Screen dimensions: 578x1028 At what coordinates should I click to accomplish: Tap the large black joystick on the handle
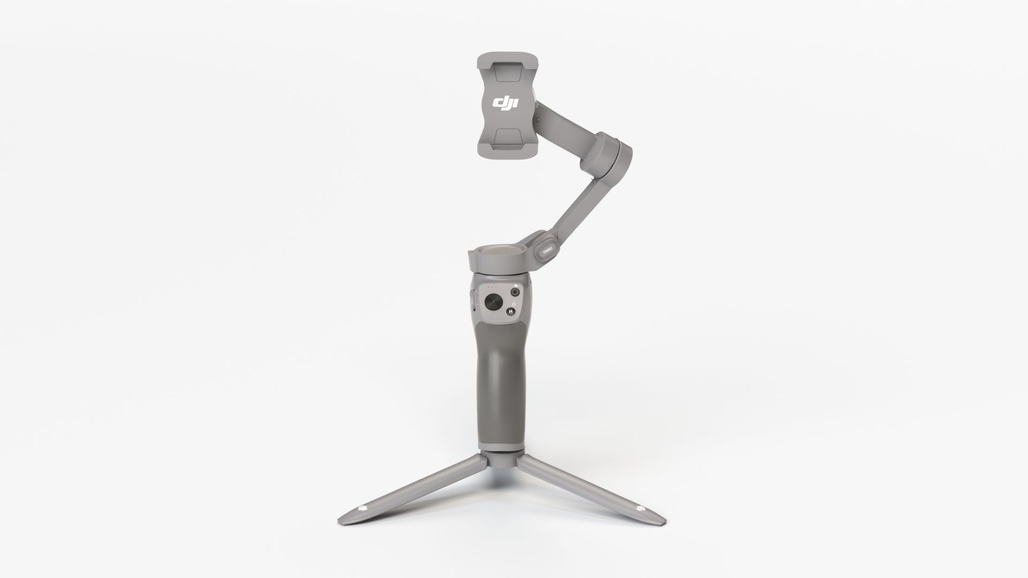494,302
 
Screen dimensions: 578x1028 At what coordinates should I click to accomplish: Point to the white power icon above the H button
513,304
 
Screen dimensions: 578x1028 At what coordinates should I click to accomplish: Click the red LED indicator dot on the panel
488,287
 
